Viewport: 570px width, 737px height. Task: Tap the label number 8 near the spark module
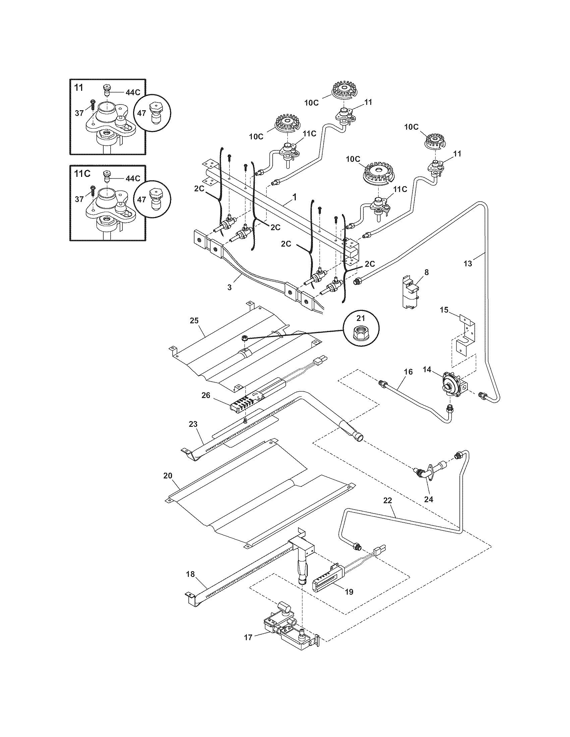(426, 272)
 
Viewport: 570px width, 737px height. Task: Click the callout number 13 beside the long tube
(467, 264)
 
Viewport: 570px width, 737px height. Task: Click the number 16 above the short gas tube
(408, 372)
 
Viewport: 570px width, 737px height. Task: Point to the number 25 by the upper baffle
(194, 320)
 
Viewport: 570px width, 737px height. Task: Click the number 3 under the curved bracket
(229, 287)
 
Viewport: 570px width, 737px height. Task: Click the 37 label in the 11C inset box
(79, 199)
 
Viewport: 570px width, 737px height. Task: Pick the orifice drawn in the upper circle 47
(156, 113)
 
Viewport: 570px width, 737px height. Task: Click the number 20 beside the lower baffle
(168, 476)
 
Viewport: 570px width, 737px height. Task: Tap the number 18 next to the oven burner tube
(190, 574)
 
